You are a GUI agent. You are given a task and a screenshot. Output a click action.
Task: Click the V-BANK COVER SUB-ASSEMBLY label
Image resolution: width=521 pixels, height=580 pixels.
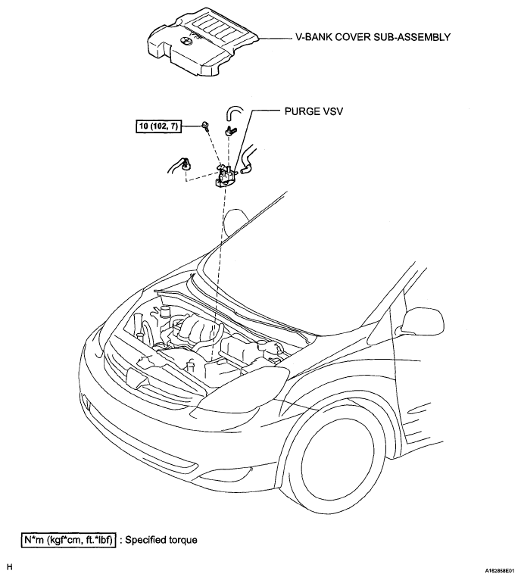point(373,37)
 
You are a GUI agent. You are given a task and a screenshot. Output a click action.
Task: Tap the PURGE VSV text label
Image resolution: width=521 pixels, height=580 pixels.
point(314,111)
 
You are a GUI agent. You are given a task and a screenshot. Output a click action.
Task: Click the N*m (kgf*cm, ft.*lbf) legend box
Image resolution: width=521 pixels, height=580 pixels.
point(68,540)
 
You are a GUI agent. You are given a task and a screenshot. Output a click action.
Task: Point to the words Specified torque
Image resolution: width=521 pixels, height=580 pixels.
point(161,540)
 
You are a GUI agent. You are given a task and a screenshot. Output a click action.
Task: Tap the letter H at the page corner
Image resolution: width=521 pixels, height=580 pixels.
point(10,567)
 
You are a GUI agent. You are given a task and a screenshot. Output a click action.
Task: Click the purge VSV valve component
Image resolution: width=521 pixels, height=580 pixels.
point(226,176)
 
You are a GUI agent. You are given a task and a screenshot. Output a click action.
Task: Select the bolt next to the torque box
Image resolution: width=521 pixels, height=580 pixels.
point(204,126)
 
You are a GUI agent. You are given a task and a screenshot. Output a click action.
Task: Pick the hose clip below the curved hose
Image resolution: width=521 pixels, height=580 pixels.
point(230,130)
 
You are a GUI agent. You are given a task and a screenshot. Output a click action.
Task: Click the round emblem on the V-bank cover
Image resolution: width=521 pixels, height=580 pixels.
point(184,42)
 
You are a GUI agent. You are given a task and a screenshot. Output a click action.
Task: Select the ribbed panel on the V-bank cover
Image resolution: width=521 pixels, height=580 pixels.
point(214,31)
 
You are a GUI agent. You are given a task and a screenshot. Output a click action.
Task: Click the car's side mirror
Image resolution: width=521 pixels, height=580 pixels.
point(422,321)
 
